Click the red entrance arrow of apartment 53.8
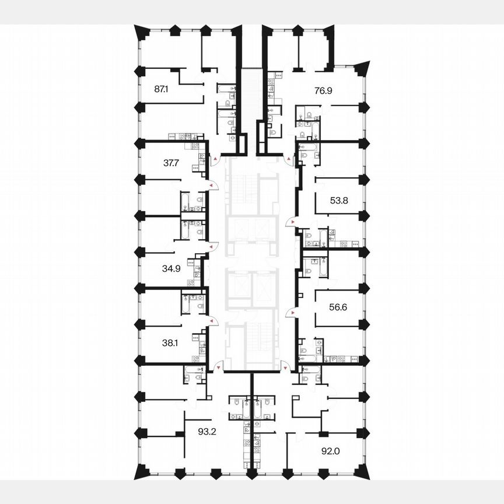click(x=289, y=222)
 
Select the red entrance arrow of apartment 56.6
click(x=288, y=313)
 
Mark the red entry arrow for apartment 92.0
click(x=284, y=367)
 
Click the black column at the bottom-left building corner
click(x=140, y=470)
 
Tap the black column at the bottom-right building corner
click(x=365, y=470)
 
